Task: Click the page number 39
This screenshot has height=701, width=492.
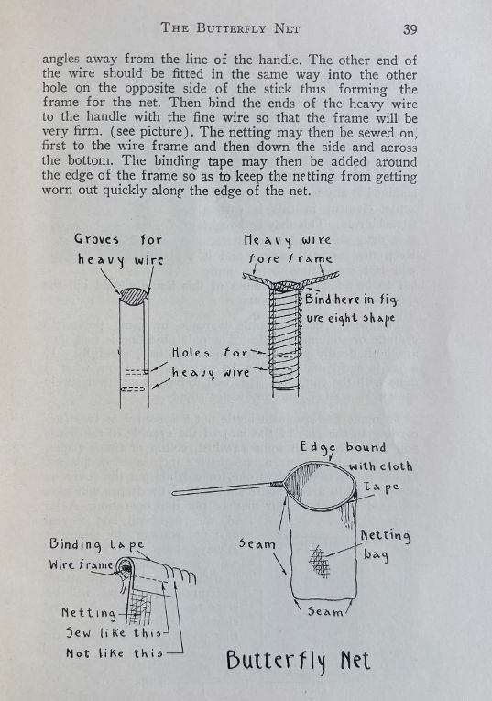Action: click(410, 29)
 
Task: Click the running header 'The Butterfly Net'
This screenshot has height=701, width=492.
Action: click(230, 28)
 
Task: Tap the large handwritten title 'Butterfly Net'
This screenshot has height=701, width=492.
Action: click(298, 661)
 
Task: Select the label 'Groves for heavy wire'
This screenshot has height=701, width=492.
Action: click(119, 249)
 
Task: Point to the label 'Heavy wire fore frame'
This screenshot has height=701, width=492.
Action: click(289, 248)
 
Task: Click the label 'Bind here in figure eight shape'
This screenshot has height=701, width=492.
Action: click(351, 309)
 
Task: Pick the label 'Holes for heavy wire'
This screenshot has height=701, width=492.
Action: click(211, 363)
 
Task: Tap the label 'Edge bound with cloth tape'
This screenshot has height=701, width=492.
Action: click(356, 466)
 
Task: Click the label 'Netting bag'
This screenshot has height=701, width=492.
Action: click(385, 544)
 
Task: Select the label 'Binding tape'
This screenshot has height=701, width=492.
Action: click(96, 544)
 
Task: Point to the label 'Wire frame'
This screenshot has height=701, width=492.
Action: click(81, 564)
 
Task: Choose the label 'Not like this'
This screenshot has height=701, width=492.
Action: click(114, 653)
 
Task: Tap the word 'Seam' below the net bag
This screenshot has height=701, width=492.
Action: click(324, 611)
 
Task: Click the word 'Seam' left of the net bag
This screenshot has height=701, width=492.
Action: click(257, 543)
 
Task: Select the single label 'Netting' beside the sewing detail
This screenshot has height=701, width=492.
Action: click(89, 612)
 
